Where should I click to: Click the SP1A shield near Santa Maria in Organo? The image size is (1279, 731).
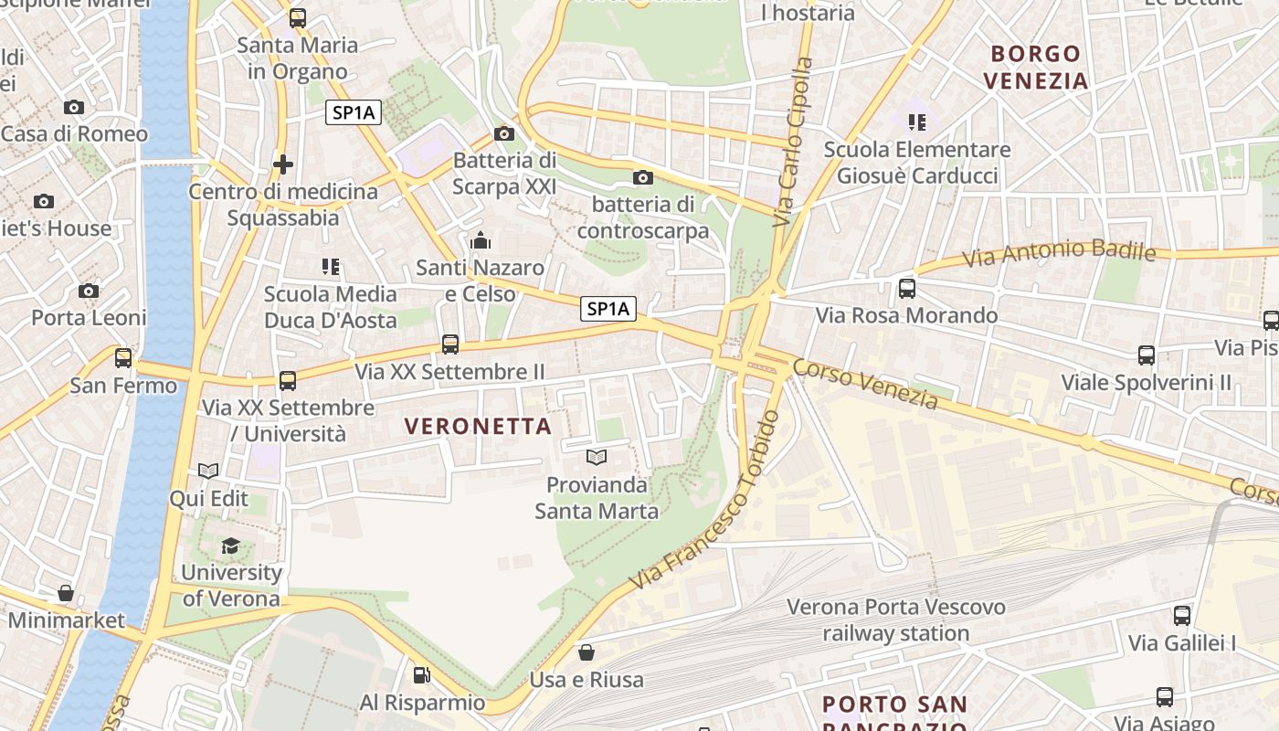[x=354, y=112]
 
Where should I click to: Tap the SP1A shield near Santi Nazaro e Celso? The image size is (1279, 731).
[x=608, y=309]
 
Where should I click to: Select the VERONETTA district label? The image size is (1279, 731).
[x=478, y=426]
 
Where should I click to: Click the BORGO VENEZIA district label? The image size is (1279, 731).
[x=1036, y=67]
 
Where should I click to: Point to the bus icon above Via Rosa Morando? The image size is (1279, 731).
[x=906, y=289]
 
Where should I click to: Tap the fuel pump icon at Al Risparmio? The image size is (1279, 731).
[x=421, y=675]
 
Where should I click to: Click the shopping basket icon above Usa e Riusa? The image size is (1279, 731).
[x=587, y=652]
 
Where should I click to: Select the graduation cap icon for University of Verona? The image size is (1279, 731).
[x=230, y=546]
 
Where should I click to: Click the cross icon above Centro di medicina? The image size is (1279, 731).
[x=283, y=164]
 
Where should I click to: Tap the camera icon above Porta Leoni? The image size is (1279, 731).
[x=89, y=291]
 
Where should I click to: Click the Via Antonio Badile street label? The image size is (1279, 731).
[x=1060, y=253]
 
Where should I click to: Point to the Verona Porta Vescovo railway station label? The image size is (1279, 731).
[x=895, y=620]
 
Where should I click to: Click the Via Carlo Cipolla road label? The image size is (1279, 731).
[x=792, y=142]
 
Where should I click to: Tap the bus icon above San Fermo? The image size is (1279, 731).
[x=123, y=357]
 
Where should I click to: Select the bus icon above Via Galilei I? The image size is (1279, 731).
[x=1181, y=615]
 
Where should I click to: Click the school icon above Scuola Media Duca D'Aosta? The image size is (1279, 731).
[x=331, y=267]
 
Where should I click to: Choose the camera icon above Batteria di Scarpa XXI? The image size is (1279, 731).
[x=503, y=133]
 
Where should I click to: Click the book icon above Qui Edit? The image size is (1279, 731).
[x=208, y=471]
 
